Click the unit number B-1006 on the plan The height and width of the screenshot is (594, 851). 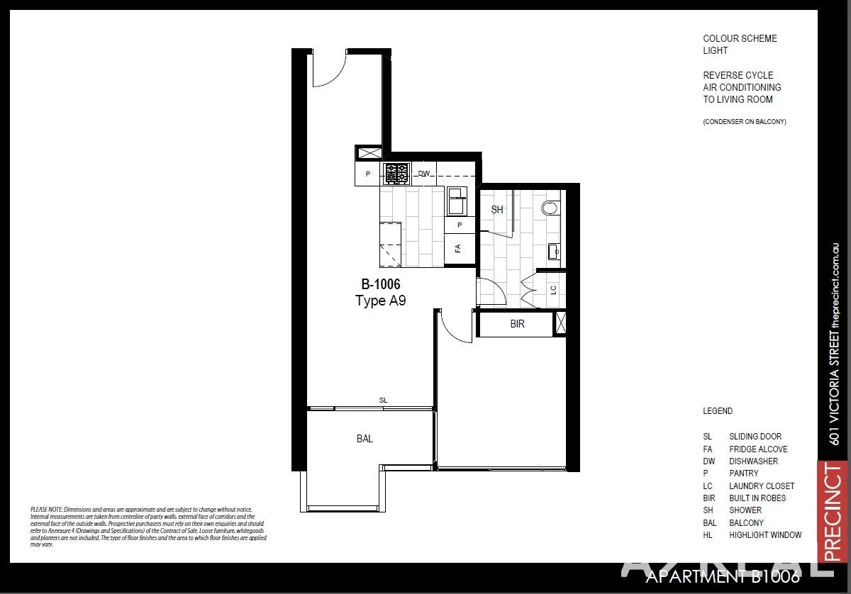[381, 285]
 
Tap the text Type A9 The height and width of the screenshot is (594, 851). [380, 301]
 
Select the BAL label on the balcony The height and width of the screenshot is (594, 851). [365, 439]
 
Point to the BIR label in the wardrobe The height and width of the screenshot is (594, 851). [517, 324]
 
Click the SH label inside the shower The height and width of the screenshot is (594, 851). [497, 210]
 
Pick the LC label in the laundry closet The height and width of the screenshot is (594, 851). [552, 289]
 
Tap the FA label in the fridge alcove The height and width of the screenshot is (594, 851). [458, 248]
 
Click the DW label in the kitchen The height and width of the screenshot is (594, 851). [424, 173]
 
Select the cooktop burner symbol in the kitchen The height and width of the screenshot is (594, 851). [396, 173]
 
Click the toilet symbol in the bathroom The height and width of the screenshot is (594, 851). [550, 208]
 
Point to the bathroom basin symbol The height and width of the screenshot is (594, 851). [553, 251]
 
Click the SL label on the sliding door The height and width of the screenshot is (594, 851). [383, 400]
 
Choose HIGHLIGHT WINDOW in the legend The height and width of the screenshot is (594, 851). [765, 535]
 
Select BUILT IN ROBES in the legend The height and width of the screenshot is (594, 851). [757, 498]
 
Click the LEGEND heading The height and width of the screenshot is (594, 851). [718, 411]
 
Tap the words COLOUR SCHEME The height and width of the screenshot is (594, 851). [740, 39]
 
